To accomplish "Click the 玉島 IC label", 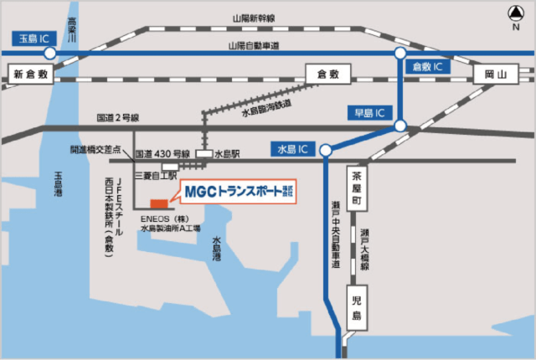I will coord(34,37).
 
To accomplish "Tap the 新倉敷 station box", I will coord(33,75).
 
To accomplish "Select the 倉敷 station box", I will coord(327,75).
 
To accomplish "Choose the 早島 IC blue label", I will coord(369,111).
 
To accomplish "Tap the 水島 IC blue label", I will coord(291,149).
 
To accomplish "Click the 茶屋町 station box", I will coord(357,190).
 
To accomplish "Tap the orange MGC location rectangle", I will coord(158,203).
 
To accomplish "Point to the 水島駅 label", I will coord(227,155).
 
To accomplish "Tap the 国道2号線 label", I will coord(117,118).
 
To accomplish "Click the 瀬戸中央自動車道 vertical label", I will coord(335,234).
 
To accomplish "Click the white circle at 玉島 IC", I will coord(50,53).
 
